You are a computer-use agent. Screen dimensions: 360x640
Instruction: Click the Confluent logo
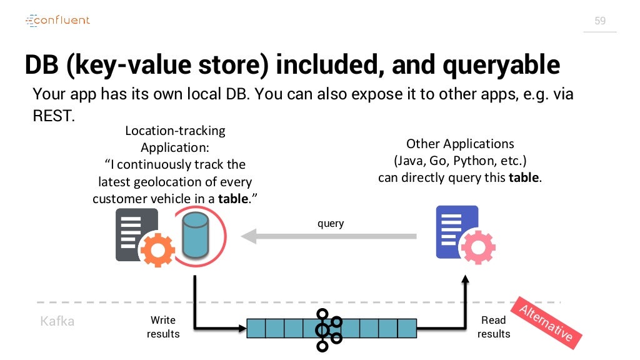[57, 20]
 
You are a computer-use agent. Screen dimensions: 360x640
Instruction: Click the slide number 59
[600, 21]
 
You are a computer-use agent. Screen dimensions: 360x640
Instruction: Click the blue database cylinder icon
[196, 236]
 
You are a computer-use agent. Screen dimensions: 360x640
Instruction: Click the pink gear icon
[478, 247]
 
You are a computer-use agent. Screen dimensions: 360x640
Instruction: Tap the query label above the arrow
[331, 223]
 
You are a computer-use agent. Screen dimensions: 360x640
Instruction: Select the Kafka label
[57, 321]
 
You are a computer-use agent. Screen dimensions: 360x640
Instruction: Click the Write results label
[163, 327]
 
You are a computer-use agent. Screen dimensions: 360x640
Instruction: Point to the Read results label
[494, 327]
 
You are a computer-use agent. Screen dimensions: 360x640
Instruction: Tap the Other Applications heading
[460, 144]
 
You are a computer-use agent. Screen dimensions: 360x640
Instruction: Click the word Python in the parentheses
[473, 161]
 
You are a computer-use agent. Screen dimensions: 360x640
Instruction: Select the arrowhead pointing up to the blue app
[465, 279]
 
